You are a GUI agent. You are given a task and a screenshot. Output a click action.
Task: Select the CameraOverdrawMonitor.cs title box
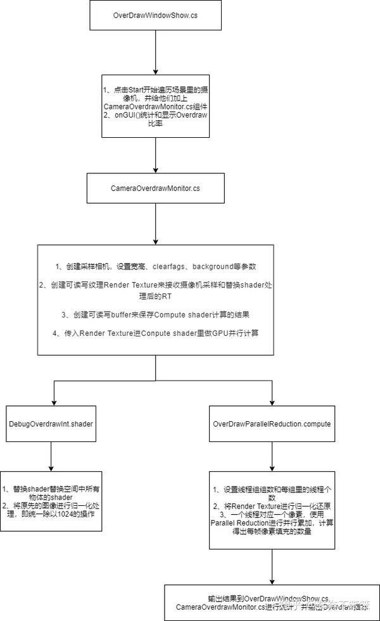tap(155, 188)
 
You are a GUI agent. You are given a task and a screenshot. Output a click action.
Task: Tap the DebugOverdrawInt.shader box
tap(51, 423)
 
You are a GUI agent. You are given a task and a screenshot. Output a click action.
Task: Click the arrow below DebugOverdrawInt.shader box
tap(51, 455)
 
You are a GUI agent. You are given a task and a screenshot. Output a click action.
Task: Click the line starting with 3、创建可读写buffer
tap(155, 314)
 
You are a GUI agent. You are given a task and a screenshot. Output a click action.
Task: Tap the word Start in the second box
tap(139, 89)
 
